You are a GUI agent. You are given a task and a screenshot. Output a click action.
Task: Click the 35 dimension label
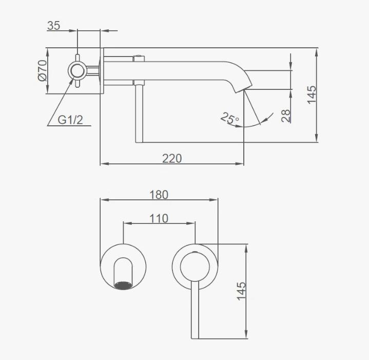coord(54,26)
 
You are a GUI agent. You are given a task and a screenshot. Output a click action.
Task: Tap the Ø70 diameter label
coord(43,70)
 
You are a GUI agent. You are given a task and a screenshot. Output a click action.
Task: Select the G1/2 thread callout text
coord(70,120)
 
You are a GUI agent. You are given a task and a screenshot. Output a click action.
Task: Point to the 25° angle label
coord(229,118)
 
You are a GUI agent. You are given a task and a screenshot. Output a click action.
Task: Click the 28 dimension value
coord(286,116)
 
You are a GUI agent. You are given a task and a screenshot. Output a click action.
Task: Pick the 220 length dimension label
coord(172,159)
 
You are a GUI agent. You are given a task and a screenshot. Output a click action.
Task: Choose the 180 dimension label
coord(159,195)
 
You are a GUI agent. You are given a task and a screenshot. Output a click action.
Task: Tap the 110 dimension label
coord(159,218)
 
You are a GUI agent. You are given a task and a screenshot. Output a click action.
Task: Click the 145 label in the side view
coord(312,94)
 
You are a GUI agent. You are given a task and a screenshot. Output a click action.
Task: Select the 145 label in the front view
coord(241,291)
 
